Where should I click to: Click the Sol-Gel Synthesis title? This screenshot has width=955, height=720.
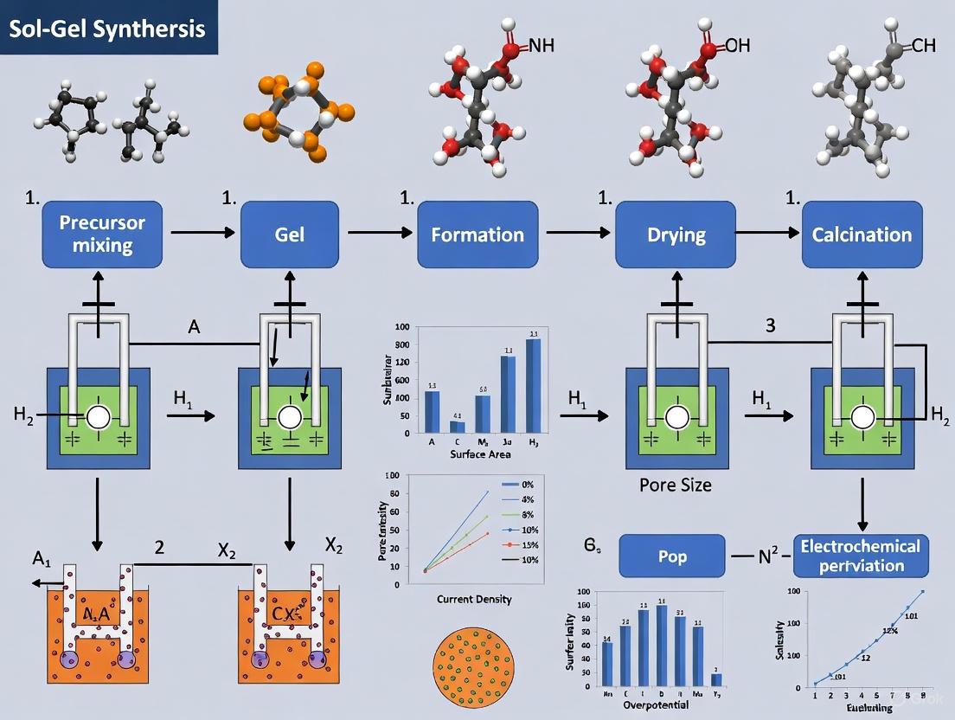click(107, 29)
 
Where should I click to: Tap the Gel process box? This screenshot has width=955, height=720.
click(289, 235)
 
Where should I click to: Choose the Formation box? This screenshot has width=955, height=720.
click(478, 235)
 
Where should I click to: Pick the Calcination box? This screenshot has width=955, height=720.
click(862, 235)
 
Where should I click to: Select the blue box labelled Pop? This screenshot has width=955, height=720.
click(672, 556)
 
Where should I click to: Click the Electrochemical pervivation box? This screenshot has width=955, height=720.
click(862, 556)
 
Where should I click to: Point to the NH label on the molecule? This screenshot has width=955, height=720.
click(541, 45)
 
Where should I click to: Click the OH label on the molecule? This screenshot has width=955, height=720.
click(737, 45)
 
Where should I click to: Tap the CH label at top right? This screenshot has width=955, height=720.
click(923, 45)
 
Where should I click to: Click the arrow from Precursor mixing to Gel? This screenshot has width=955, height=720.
click(202, 233)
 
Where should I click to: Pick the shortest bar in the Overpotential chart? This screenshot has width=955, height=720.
click(715, 679)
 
